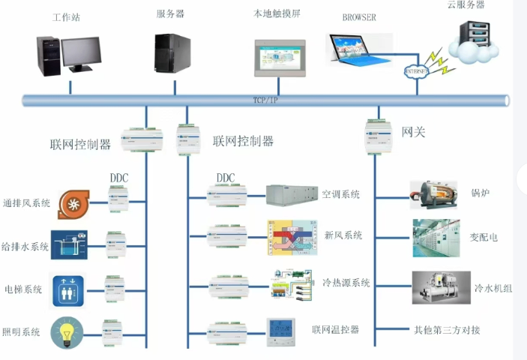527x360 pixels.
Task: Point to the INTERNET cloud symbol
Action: [417, 71]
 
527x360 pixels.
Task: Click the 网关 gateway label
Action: [414, 132]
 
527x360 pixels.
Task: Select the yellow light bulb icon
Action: [70, 331]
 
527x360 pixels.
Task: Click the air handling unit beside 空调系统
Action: [288, 195]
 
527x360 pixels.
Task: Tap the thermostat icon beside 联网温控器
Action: [283, 330]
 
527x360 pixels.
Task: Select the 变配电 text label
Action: [484, 237]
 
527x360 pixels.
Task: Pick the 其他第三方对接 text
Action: [447, 330]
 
